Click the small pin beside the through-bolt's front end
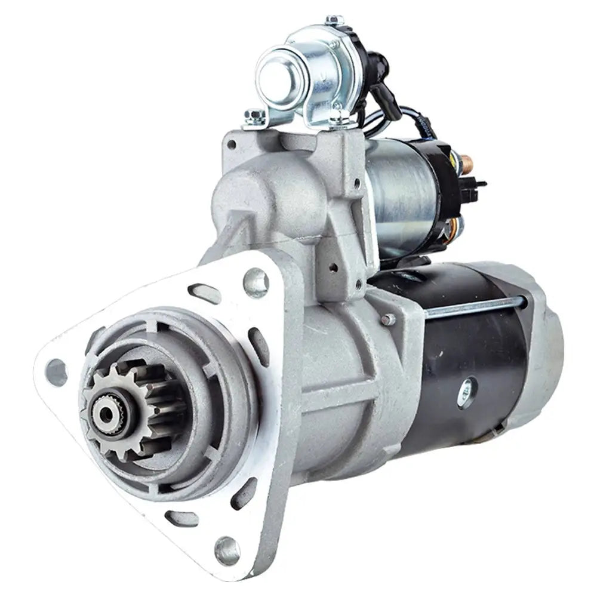pos(389,318)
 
